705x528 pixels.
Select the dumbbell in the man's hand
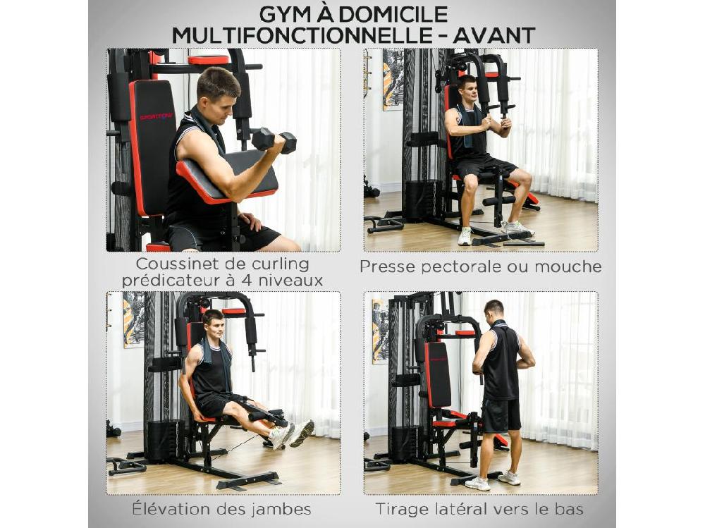pyautogui.click(x=274, y=140)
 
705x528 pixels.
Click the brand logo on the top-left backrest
pyautogui.click(x=156, y=116)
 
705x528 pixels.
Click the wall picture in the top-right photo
pyautogui.click(x=393, y=79)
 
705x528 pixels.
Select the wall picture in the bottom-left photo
pyautogui.click(x=133, y=319)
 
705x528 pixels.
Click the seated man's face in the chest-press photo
pyautogui.click(x=467, y=90)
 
